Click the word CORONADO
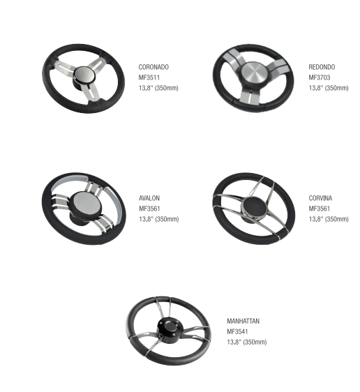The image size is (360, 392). [153, 67]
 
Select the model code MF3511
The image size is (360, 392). [149, 77]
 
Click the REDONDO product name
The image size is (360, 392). [322, 67]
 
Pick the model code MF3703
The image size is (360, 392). [320, 77]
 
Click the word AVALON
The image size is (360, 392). [149, 198]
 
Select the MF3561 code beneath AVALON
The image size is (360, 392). [149, 209]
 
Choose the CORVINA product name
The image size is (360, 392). [320, 198]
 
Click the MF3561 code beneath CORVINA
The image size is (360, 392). [320, 209]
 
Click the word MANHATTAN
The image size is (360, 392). [243, 321]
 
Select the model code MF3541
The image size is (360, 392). [237, 331]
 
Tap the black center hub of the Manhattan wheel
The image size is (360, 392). [170, 328]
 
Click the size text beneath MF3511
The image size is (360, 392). [158, 88]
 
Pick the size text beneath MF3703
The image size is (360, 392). [329, 88]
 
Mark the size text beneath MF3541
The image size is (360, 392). [247, 342]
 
